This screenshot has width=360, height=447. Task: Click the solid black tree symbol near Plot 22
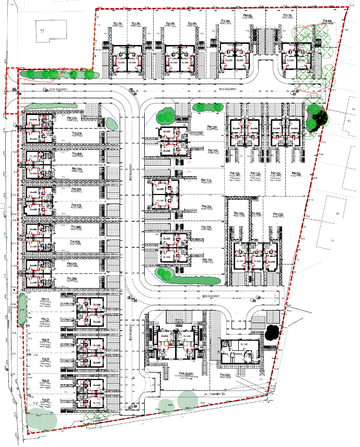tap(272, 331)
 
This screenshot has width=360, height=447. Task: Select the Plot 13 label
tap(212, 127)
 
